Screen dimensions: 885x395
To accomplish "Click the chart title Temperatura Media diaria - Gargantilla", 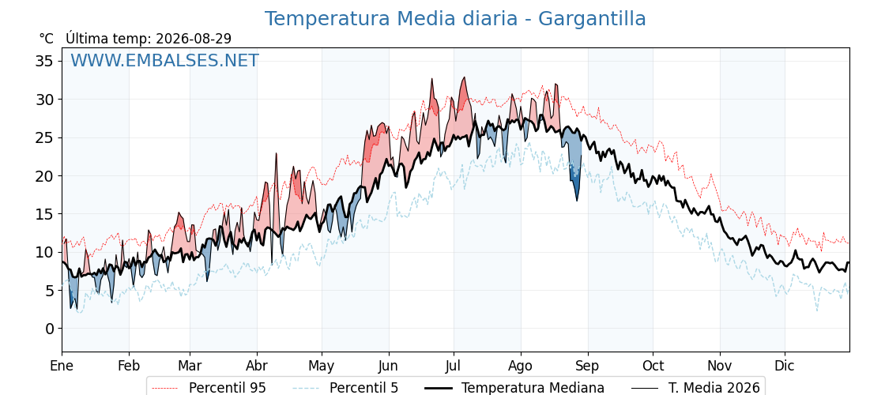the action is click(x=455, y=19).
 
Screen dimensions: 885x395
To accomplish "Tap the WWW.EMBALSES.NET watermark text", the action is click(x=164, y=60).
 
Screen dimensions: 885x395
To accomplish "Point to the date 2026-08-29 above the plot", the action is click(x=194, y=39).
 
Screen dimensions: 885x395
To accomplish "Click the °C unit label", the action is click(x=47, y=39).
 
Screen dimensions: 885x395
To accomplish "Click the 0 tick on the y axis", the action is click(x=50, y=329).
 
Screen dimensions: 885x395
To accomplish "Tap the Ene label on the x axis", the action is click(x=62, y=366).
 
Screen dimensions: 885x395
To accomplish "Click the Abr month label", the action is click(x=257, y=366).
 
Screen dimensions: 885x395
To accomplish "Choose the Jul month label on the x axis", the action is click(x=454, y=366).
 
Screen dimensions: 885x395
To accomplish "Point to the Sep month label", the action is click(x=588, y=366).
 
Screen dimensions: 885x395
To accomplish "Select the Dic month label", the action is click(x=785, y=366).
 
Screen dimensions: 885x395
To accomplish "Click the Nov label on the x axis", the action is click(x=720, y=366).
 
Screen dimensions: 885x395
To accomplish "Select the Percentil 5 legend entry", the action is click(x=345, y=388).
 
